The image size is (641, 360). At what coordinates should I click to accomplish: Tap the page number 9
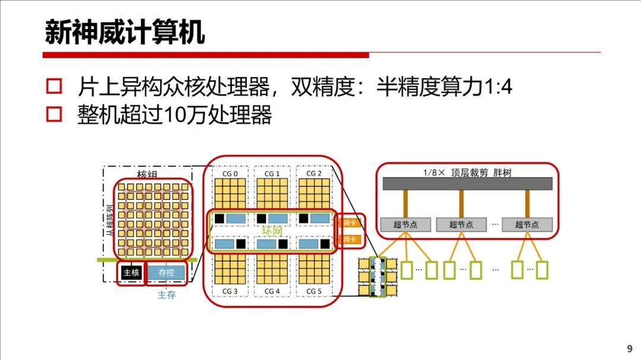[630, 348]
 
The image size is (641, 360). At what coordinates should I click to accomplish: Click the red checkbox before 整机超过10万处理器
[54, 114]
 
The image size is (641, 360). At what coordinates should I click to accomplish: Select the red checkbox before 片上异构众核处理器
[54, 87]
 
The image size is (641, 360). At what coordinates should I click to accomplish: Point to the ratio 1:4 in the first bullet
[498, 88]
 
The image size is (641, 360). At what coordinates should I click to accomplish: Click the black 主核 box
[131, 273]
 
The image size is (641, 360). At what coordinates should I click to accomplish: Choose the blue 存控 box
[166, 273]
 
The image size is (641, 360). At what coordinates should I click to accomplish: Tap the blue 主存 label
[166, 295]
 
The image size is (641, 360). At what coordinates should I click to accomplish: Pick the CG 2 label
[314, 174]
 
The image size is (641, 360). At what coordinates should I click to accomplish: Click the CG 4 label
[272, 291]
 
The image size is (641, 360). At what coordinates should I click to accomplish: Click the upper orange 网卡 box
[350, 224]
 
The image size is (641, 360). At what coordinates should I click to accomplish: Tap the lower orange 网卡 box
[350, 240]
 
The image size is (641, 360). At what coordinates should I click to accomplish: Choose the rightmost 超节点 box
[527, 225]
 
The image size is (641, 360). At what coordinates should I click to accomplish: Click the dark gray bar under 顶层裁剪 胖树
[467, 184]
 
